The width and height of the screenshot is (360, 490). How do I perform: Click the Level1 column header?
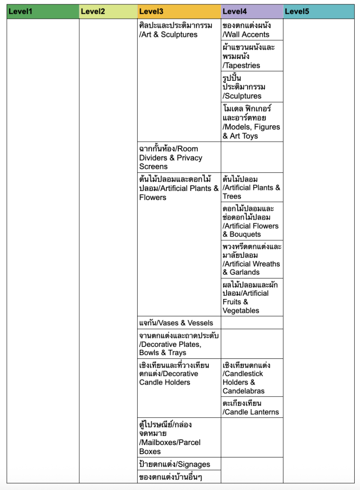43,11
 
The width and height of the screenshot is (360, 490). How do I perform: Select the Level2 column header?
108,11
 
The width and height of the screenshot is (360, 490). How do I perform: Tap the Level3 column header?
179,11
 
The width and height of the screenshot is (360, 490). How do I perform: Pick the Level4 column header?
252,11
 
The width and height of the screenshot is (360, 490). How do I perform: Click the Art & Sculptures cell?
179,30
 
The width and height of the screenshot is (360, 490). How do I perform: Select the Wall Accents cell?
252,30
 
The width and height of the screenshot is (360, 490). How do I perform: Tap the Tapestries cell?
252,56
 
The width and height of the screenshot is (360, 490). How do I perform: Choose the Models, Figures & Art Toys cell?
252,122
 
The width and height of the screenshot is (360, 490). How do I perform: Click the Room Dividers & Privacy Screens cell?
179,157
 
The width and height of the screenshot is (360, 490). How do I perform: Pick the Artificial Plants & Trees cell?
252,188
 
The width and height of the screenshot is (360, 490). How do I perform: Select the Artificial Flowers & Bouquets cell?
252,221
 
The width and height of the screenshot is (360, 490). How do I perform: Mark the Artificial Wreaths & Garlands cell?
252,259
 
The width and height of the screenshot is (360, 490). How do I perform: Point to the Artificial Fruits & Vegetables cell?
252,297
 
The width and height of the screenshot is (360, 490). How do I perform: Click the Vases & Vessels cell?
179,323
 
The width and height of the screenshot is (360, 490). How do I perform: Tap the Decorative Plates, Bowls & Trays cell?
179,344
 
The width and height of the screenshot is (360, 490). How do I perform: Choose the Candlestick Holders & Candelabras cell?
252,378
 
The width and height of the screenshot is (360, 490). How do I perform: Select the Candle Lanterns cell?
252,407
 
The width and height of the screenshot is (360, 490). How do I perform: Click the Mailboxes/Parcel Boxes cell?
179,437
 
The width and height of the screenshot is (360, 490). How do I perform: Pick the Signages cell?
179,464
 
